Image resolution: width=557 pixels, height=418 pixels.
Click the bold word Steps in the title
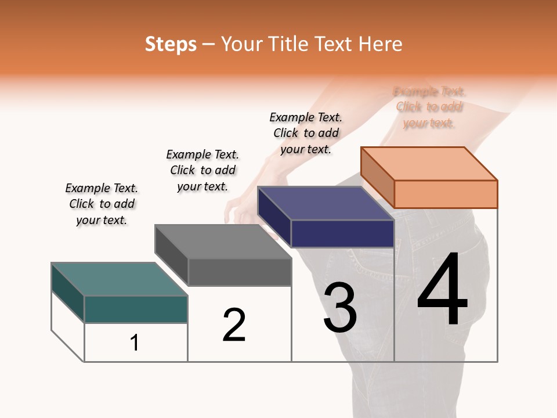click(x=171, y=44)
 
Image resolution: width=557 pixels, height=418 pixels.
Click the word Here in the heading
click(x=380, y=44)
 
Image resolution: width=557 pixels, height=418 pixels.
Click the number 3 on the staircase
click(x=339, y=308)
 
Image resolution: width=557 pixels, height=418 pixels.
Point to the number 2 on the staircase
click(x=234, y=325)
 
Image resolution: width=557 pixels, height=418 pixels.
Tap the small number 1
click(x=134, y=343)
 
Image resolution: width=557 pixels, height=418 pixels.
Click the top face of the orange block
click(x=429, y=163)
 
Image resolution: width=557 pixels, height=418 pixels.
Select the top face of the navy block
click(x=325, y=203)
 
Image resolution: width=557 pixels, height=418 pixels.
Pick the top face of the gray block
click(x=223, y=241)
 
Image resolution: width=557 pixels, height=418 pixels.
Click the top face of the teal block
click(x=120, y=279)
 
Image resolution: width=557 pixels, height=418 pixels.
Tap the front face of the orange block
click(x=446, y=194)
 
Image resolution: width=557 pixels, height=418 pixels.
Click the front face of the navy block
click(x=342, y=233)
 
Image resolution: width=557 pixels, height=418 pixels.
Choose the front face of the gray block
click(x=240, y=272)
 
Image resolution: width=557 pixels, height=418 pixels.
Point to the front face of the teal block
click(x=136, y=309)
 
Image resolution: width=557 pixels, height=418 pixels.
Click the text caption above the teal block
click(x=102, y=204)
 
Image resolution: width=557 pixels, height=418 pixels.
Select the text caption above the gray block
click(x=202, y=170)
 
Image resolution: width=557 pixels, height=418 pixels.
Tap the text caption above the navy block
click(x=306, y=133)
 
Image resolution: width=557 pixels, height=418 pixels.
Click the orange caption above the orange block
click(x=429, y=107)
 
